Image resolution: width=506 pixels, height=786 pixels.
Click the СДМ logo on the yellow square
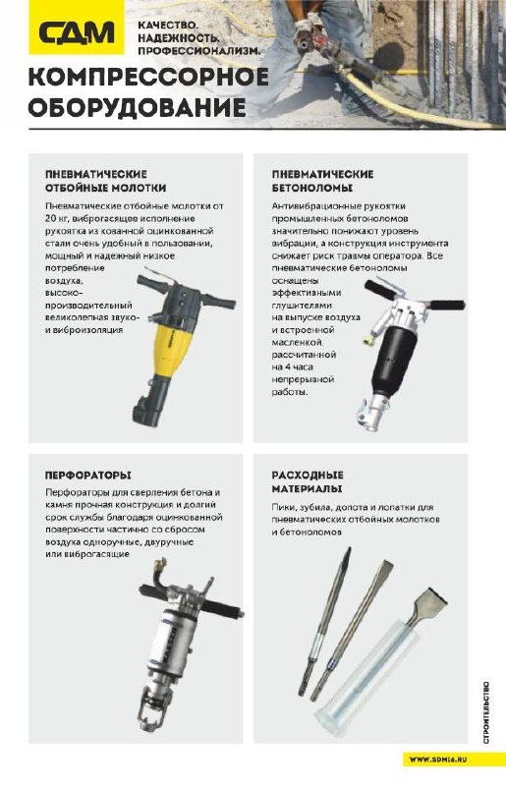point(77,34)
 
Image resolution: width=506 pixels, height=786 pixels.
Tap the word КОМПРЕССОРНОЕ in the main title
point(149,79)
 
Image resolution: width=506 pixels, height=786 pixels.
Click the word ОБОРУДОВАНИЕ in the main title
point(137,107)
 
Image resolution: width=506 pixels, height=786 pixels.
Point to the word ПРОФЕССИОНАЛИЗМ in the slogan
point(199,51)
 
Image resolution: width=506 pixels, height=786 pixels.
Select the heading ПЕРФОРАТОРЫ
point(88,475)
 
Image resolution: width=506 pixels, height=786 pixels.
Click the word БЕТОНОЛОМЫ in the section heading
point(312,188)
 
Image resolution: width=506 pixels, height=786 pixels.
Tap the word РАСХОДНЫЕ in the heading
point(308,475)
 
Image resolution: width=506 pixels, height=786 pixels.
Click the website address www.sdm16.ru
point(438,759)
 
